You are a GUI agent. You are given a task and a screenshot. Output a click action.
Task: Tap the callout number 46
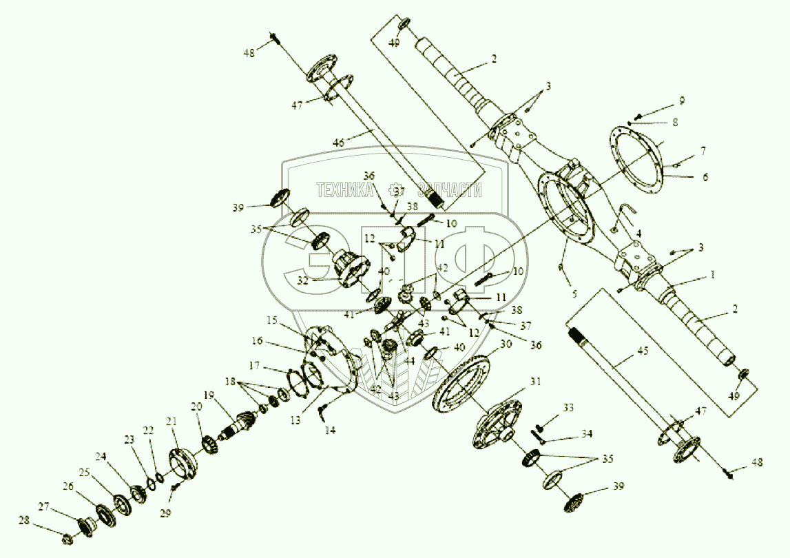click(x=337, y=142)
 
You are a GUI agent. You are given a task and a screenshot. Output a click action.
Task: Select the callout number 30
click(x=506, y=343)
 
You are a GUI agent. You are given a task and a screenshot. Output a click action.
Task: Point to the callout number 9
click(x=682, y=101)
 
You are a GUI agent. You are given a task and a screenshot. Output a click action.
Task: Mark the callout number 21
click(x=172, y=421)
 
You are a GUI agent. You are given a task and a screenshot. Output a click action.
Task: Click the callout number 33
click(x=568, y=408)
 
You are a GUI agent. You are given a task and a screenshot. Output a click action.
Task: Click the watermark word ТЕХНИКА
click(x=344, y=191)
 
